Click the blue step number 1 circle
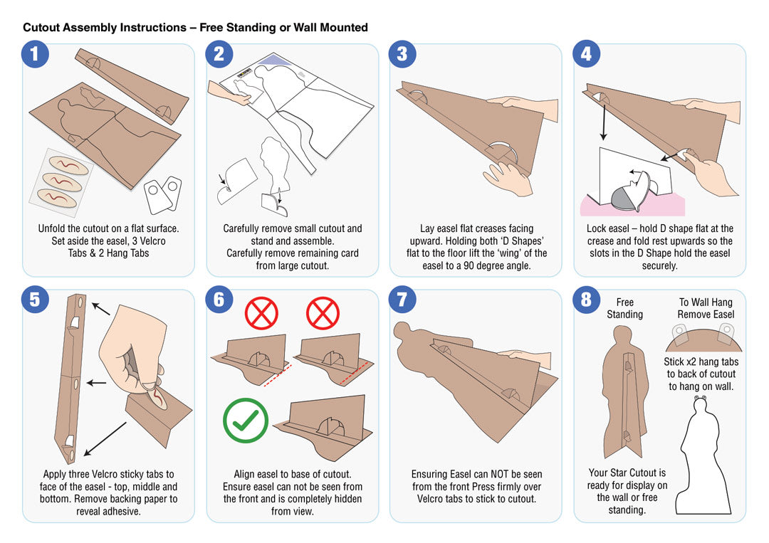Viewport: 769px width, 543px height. point(35,54)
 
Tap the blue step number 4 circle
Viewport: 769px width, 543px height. point(586,54)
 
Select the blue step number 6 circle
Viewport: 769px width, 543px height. point(219,300)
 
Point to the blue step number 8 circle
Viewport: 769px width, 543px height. point(586,300)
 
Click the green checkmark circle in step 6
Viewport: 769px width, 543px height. point(245,421)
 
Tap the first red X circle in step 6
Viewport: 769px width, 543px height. point(261,312)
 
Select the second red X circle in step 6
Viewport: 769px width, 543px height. point(323,312)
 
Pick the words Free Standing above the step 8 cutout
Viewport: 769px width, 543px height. point(625,308)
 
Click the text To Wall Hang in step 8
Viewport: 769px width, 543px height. point(706,302)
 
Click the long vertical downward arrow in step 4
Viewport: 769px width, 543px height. point(604,116)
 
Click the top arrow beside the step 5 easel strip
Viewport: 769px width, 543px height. point(100,309)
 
